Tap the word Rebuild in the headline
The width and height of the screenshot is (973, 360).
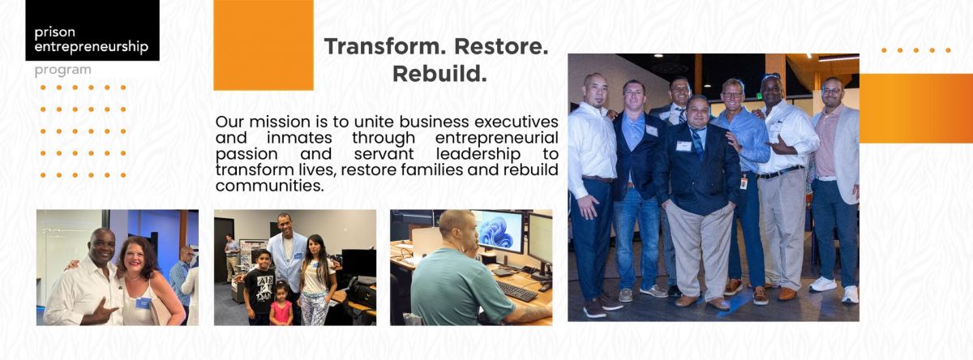[439, 74]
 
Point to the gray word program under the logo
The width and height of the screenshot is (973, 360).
[63, 71]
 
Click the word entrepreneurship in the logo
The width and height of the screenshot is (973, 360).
[91, 47]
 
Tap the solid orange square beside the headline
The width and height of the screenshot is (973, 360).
[264, 45]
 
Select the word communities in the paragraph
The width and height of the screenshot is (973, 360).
[270, 186]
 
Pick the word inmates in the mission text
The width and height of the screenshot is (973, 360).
[299, 138]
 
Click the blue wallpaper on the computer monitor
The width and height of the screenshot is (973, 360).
[497, 232]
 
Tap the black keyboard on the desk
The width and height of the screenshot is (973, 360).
[517, 290]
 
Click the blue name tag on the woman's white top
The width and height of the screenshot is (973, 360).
[143, 303]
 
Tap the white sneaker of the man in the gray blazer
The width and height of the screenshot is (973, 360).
[821, 284]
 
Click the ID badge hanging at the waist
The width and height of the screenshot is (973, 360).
[744, 182]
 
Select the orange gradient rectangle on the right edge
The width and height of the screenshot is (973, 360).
[915, 108]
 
